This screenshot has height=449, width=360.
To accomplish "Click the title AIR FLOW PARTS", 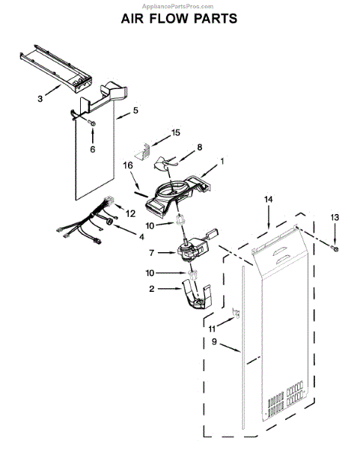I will coord(179,19).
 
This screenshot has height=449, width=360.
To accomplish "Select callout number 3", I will coord(38,98).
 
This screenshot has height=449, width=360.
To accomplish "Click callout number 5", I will coord(135,111).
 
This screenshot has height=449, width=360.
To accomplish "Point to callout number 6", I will coord(92,150).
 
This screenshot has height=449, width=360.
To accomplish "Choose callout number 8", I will coord(199,148).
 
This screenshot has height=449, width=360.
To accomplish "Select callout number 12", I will coord(131,213).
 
